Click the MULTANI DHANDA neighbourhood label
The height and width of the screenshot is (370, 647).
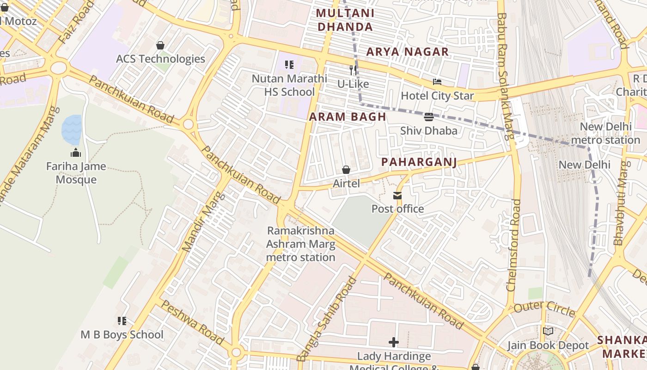[345, 20]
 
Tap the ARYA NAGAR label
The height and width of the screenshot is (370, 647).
[407, 52]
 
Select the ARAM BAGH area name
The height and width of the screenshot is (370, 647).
[348, 117]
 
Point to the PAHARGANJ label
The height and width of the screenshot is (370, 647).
[419, 162]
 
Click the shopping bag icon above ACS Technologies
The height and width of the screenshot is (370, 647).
[160, 45]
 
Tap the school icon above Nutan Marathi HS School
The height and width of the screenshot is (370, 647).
[289, 65]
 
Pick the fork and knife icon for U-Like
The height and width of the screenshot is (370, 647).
[353, 70]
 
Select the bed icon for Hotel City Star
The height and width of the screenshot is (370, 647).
[437, 82]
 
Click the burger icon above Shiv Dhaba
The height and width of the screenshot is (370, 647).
[428, 117]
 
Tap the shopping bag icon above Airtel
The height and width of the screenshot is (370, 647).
[346, 170]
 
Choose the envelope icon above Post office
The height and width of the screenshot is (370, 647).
[397, 196]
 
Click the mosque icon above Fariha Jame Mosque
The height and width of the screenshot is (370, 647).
[76, 153]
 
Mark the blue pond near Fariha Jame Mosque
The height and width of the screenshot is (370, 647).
[72, 129]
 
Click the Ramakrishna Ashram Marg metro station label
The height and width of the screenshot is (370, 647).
[301, 244]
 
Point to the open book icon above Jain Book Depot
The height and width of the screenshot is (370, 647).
[548, 332]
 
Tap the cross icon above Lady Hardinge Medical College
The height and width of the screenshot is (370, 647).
[394, 342]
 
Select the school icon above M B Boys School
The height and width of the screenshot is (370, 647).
[122, 321]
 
